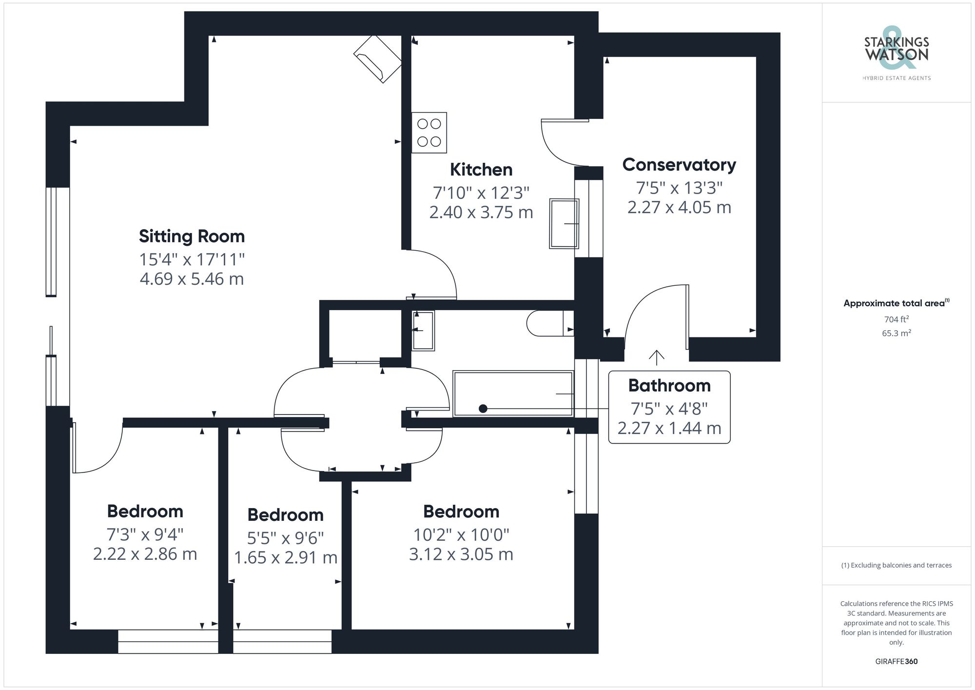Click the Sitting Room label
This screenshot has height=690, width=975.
tap(192, 237)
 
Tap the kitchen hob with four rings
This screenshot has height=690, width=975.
tap(429, 133)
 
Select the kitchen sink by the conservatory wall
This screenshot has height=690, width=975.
tap(564, 223)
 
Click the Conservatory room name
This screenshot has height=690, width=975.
tap(679, 165)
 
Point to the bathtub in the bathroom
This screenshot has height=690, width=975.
tap(513, 394)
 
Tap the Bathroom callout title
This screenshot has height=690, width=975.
tap(669, 386)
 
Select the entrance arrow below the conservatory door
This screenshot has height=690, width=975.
tap(657, 357)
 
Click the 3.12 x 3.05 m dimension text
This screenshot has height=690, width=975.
tap(461, 554)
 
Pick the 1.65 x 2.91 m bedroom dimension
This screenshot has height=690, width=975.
tap(286, 557)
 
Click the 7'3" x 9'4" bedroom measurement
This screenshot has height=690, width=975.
tap(145, 534)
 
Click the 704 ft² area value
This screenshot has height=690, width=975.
tap(896, 319)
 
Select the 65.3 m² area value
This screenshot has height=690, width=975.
tap(896, 334)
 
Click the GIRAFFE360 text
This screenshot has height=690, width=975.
tap(896, 661)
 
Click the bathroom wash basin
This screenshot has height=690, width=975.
tap(423, 330)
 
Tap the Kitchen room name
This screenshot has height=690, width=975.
tap(481, 170)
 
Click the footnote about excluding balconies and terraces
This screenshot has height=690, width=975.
tap(896, 565)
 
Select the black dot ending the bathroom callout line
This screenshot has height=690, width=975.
tap(483, 409)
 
